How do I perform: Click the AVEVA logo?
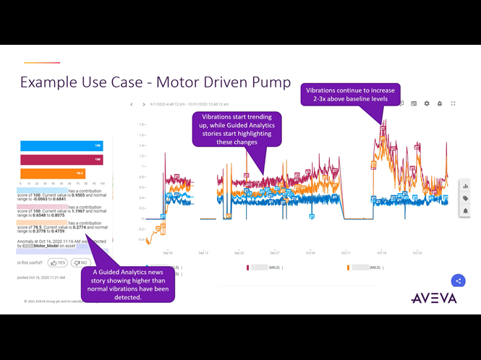(x=433, y=297)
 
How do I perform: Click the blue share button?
(x=457, y=280)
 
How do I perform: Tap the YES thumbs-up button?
(x=58, y=262)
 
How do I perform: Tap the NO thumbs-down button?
(x=80, y=262)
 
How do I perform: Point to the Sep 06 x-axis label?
(x=168, y=253)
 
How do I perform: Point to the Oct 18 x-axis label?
(x=381, y=253)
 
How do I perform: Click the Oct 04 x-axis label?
(x=310, y=253)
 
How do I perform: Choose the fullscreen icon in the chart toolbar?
(x=453, y=103)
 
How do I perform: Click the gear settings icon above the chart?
(x=427, y=103)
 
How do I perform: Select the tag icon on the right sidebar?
(x=465, y=198)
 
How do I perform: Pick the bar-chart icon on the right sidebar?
(x=465, y=186)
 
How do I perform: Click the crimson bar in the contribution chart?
(x=61, y=159)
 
